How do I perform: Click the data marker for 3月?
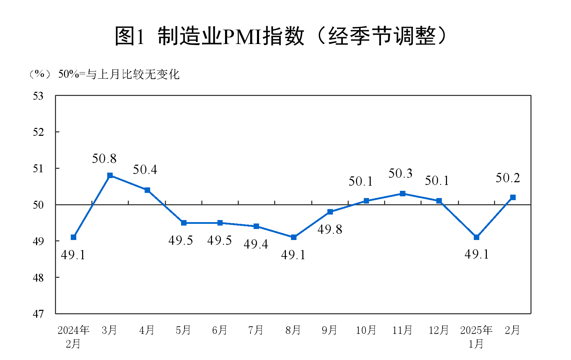[110, 176]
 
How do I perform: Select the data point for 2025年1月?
[476, 237]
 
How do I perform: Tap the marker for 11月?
[403, 194]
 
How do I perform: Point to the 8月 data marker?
[293, 237]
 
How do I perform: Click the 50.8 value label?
[104, 159]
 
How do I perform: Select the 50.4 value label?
[145, 170]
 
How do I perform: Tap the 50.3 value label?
[400, 174]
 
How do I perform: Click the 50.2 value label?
[508, 178]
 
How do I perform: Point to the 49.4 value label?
[256, 244]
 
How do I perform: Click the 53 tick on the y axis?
[38, 96]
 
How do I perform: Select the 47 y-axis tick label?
[38, 314]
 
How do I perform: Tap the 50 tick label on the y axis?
[38, 205]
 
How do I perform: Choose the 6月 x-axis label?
[220, 330]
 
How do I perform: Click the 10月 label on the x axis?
[366, 330]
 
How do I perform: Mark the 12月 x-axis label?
[439, 330]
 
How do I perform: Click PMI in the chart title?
[242, 36]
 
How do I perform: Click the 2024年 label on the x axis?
[73, 330]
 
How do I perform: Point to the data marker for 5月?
[184, 223]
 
